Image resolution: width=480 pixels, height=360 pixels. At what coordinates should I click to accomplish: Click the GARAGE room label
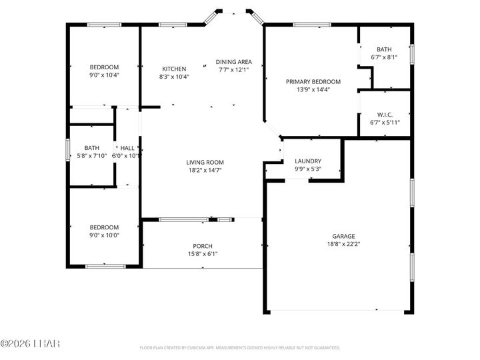pos(344,236)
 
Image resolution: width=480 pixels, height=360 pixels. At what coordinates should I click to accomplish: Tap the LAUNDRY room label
pos(308,161)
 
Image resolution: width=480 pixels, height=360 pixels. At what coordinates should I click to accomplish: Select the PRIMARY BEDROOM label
pos(313,82)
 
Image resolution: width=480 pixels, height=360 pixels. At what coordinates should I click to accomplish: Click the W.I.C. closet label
pos(384,113)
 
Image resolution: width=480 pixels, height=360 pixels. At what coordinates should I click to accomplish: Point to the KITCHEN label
pos(174,69)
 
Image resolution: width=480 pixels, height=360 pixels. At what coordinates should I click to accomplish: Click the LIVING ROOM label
pos(205,162)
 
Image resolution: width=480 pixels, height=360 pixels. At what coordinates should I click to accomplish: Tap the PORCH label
pos(203,246)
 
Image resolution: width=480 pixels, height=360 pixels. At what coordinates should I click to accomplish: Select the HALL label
pos(127,148)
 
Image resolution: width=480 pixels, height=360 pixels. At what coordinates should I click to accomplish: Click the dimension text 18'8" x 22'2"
pos(344,244)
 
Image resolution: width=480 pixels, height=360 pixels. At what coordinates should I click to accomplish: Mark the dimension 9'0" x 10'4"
pos(105,75)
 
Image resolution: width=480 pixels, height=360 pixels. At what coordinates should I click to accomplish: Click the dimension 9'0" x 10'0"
pos(105,235)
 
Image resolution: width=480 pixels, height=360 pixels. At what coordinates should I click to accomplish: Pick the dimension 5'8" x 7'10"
pos(91,156)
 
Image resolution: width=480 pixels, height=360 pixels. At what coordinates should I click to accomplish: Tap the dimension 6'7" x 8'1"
pos(384,57)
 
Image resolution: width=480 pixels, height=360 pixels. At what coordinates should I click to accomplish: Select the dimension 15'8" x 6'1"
pos(203,253)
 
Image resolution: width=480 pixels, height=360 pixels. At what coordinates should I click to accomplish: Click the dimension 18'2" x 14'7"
pos(205,170)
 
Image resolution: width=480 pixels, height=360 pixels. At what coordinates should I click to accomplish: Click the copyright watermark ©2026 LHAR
pos(30,344)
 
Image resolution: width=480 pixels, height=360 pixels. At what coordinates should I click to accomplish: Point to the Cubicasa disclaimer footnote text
pos(240,348)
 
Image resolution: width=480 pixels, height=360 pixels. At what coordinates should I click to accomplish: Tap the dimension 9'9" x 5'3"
pos(308,169)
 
